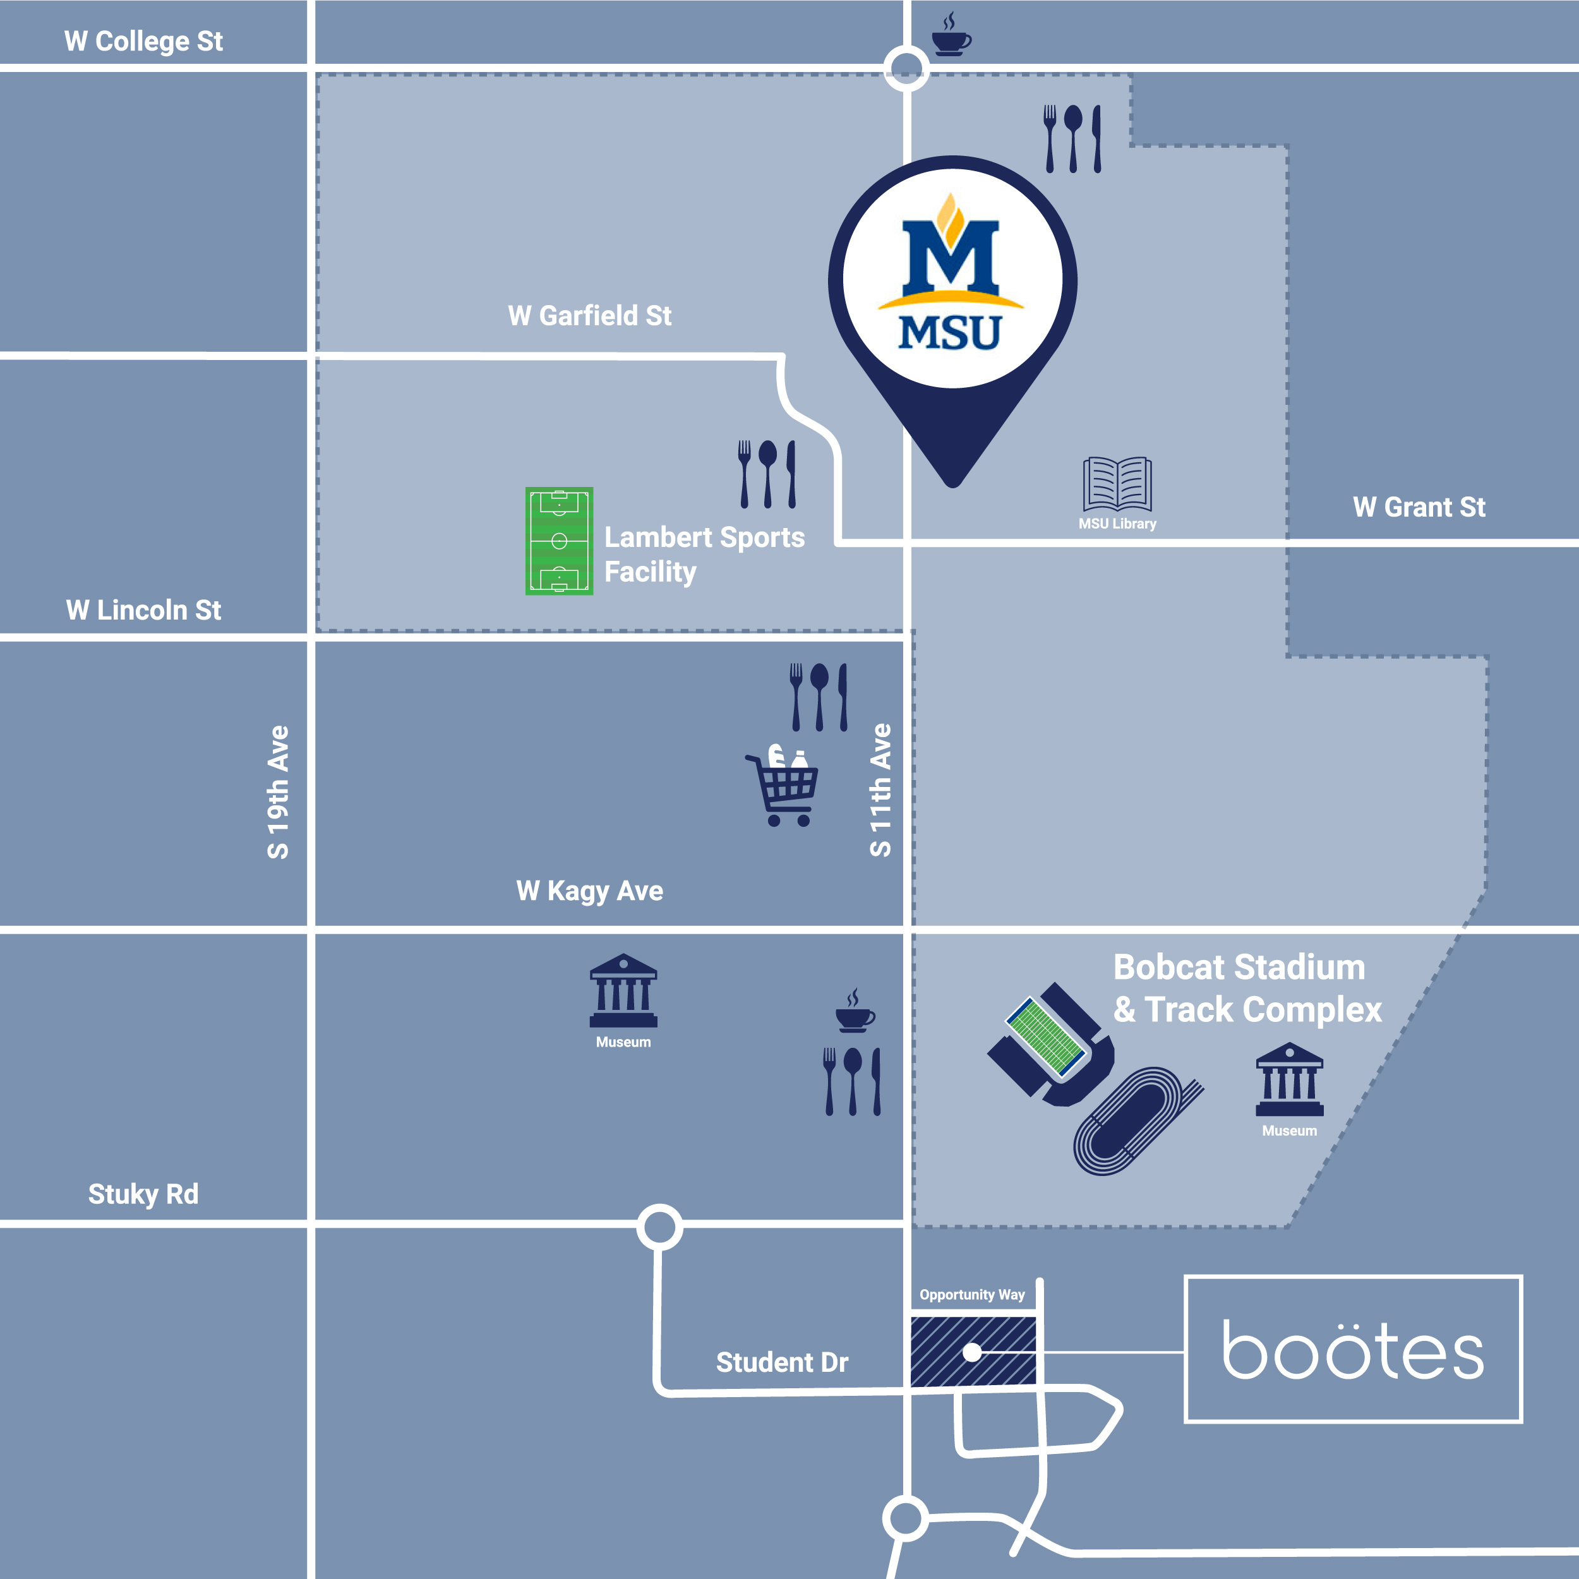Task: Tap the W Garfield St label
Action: click(589, 315)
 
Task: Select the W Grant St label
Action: click(1419, 507)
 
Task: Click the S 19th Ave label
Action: click(278, 792)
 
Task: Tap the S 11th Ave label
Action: click(880, 790)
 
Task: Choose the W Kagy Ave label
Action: click(589, 890)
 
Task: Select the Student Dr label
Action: click(782, 1362)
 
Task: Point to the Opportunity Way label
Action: click(972, 1295)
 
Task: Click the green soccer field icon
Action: click(559, 541)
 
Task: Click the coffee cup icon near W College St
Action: click(951, 36)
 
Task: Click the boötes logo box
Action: click(1353, 1349)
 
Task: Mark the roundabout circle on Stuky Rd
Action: click(659, 1227)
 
